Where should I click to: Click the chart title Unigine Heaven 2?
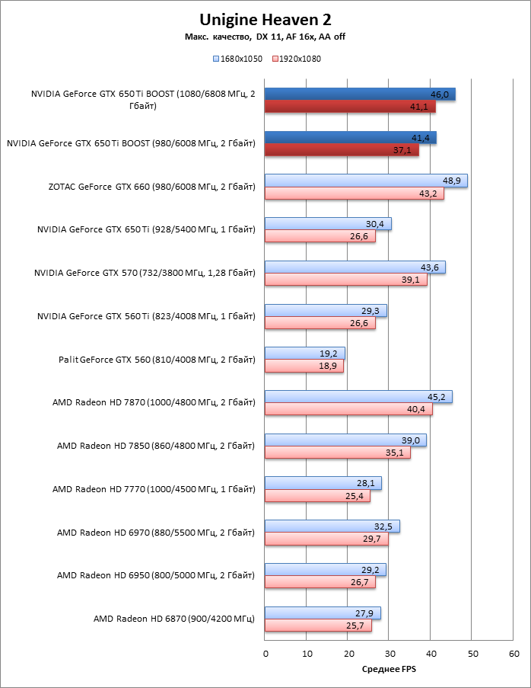coord(265,19)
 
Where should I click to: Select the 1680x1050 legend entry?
coord(238,58)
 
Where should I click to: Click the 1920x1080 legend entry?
coord(295,58)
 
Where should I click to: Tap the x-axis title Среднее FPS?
coord(390,670)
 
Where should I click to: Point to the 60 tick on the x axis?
coord(514,654)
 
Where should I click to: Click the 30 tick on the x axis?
coord(390,654)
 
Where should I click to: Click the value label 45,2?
coord(438,396)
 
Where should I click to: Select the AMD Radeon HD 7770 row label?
coord(154,488)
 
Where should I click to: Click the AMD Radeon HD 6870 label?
coord(174,619)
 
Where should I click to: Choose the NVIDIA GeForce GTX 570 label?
coord(145,272)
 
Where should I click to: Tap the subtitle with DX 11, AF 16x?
coord(265,37)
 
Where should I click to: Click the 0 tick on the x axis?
coord(265,654)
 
